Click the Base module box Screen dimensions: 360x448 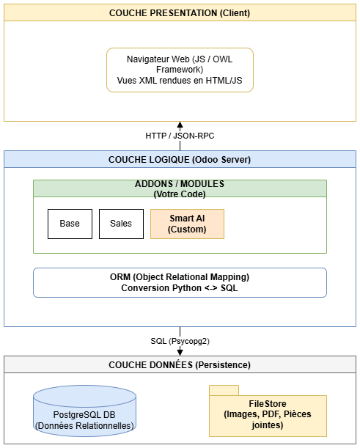coord(70,224)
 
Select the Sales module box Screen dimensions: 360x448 coord(121,224)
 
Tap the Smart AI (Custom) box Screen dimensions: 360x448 coord(187,224)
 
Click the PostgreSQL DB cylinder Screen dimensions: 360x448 coord(84,411)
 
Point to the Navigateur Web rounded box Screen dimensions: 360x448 coord(180,70)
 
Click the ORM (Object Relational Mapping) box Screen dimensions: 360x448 coord(180,282)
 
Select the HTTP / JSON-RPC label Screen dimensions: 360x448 coord(180,136)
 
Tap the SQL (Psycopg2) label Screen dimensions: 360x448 coord(180,341)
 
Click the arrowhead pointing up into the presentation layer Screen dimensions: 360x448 coord(180,125)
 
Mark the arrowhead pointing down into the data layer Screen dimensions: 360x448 coord(180,352)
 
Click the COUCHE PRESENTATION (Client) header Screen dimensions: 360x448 coord(180,12)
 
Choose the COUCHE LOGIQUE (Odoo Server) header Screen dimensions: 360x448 coord(180,159)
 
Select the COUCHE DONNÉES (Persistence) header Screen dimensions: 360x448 coord(180,364)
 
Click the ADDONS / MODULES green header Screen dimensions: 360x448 coord(180,188)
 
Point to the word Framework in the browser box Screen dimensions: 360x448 coord(180,70)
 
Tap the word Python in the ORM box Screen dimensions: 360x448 coord(187,287)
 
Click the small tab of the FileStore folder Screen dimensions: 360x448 coord(224,390)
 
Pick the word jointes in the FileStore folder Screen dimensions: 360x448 coord(268,425)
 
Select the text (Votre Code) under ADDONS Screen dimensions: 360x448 coord(180,194)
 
